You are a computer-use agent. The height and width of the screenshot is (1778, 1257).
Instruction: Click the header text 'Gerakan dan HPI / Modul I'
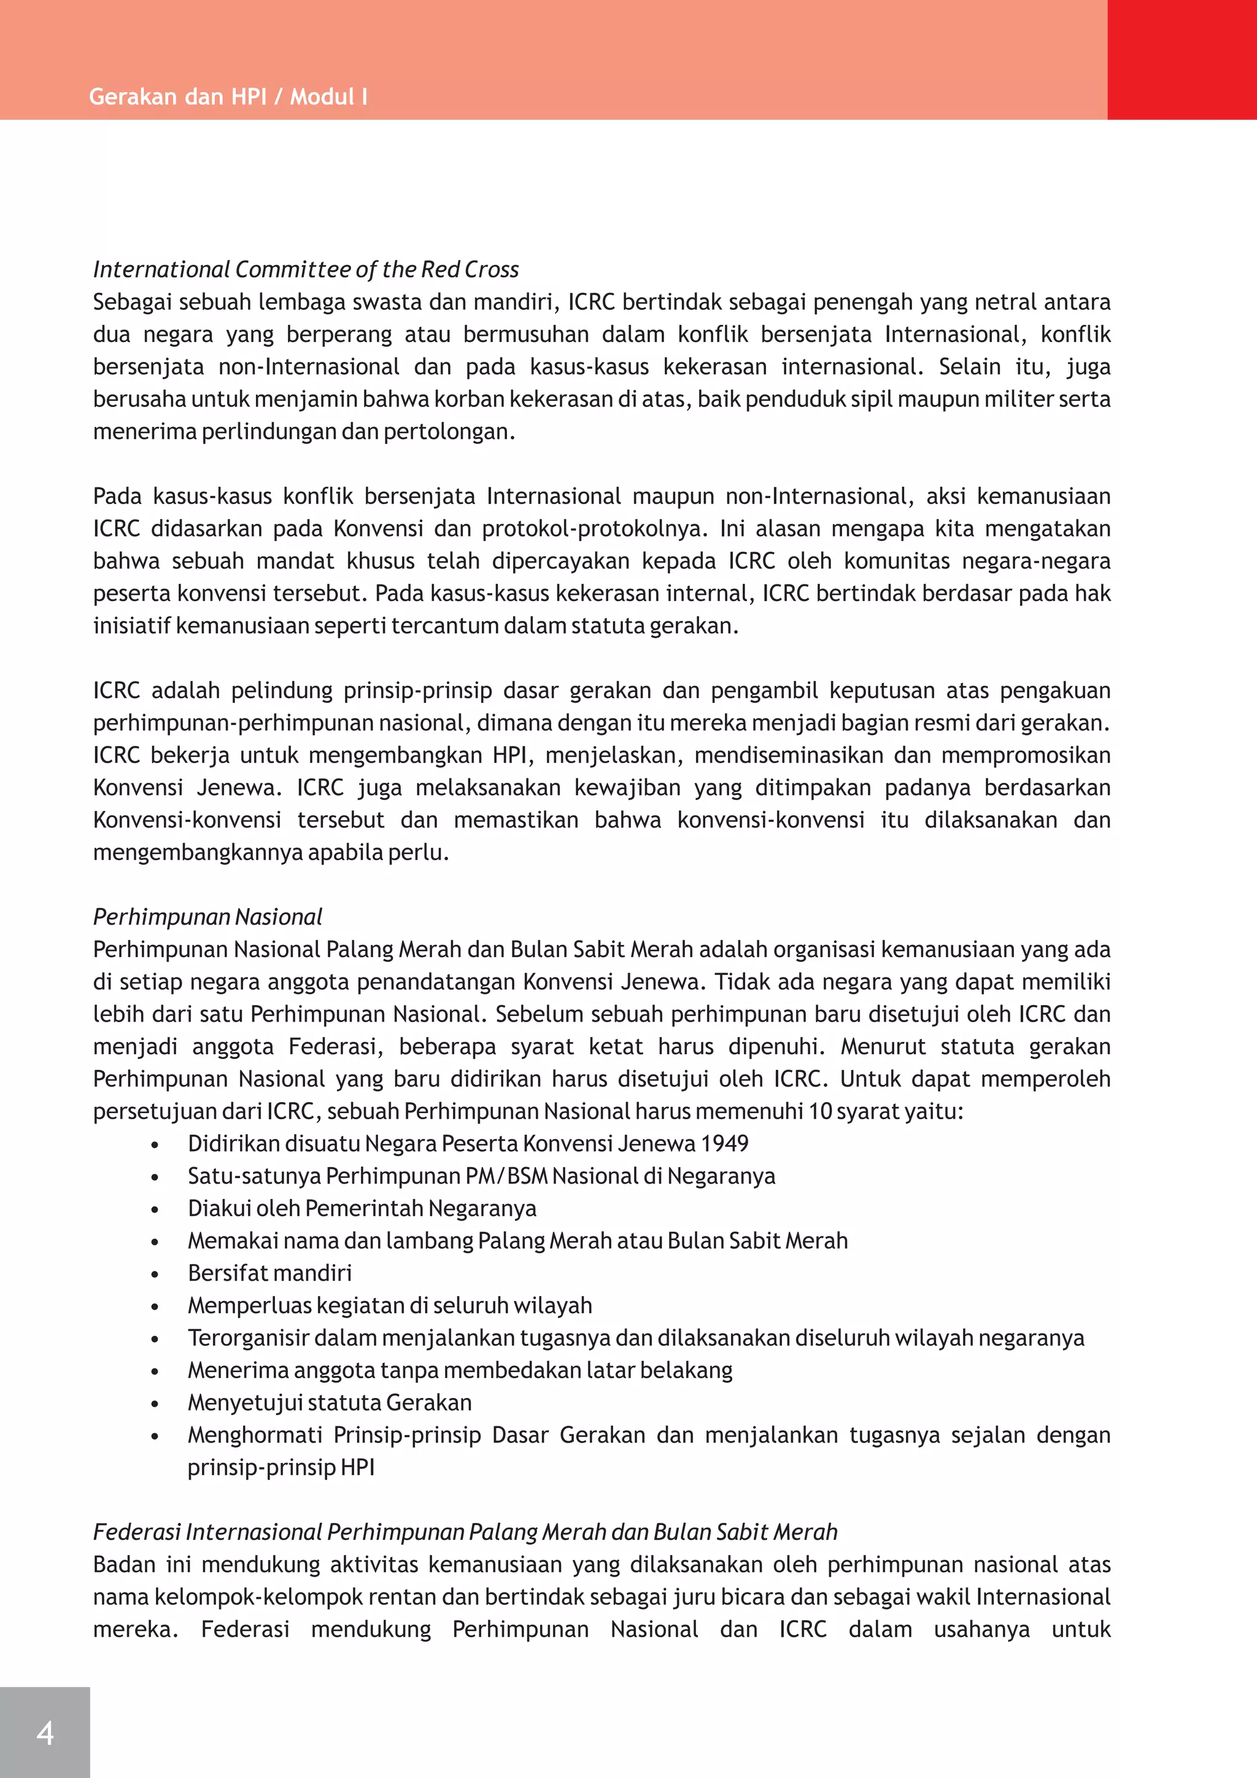pos(228,97)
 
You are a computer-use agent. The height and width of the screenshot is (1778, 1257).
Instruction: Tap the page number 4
pos(45,1733)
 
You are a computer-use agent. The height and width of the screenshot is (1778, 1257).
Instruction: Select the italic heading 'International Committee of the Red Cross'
pos(306,270)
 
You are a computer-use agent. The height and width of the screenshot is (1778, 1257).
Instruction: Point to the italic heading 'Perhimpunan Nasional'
pos(207,917)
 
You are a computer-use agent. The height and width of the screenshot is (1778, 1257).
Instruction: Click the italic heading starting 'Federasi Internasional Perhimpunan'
pos(465,1532)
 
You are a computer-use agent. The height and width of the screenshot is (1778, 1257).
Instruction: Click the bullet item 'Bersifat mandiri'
pos(269,1273)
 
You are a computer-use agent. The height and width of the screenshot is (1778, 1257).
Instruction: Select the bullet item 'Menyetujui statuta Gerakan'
pos(330,1402)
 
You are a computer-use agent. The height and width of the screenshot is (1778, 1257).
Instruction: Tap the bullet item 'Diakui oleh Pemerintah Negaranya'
pos(362,1208)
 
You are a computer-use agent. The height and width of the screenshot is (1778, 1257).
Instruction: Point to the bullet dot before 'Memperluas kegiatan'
pos(155,1307)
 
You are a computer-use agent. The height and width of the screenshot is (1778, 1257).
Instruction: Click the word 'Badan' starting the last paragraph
pos(122,1564)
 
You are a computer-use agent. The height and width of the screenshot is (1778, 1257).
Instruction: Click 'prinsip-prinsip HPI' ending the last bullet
pos(281,1467)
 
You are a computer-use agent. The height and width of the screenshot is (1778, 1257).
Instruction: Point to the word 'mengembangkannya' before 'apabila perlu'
pos(198,853)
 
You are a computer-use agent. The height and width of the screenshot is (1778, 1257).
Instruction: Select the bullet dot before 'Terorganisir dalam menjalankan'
pos(155,1340)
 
